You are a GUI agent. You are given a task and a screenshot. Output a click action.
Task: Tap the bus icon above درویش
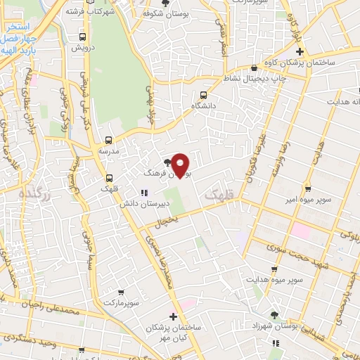click(83, 37)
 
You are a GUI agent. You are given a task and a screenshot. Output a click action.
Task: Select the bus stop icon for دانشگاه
click(203, 95)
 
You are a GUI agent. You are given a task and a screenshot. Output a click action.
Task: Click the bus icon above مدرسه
click(108, 141)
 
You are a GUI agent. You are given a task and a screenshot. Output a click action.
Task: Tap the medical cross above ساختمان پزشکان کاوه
click(300, 52)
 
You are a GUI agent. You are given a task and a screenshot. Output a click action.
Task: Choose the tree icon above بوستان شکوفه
click(166, 3)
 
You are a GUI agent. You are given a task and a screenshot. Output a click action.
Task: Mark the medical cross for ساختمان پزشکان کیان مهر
click(173, 316)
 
